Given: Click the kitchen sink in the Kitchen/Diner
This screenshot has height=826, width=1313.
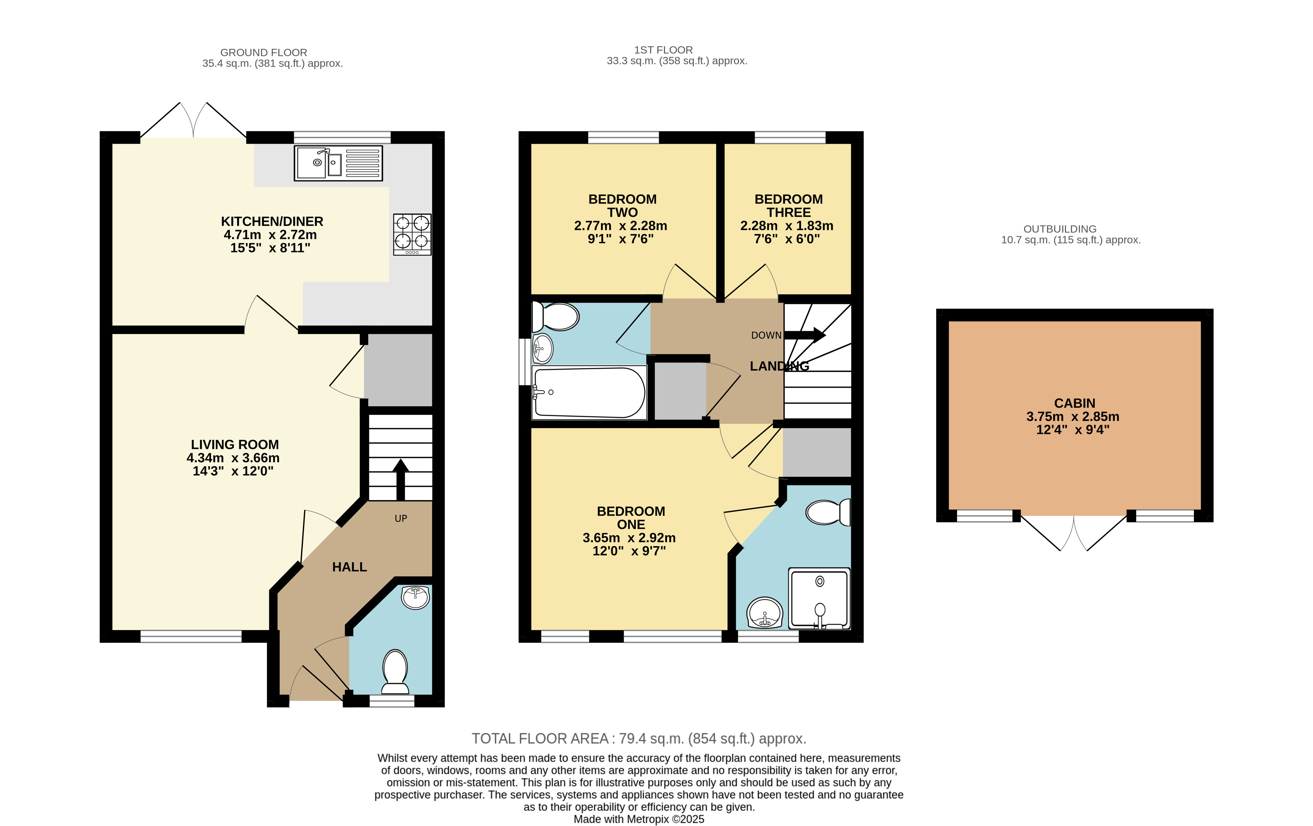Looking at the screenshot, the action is [x=338, y=163].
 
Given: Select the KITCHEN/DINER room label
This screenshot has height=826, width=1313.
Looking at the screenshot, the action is [x=272, y=221].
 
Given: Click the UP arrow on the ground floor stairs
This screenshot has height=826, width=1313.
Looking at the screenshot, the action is [x=401, y=480].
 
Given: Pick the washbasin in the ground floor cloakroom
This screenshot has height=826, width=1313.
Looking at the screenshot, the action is [x=415, y=597].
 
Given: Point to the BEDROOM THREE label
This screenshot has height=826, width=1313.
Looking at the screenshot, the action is [x=788, y=206].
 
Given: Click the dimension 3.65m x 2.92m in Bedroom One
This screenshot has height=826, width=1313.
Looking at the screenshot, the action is [x=629, y=538].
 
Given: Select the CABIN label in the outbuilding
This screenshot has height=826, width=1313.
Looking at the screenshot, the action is [x=1074, y=403].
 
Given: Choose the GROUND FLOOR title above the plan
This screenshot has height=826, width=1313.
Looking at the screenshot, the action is [x=264, y=53].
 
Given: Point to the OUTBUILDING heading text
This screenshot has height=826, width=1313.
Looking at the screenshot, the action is [x=1060, y=229].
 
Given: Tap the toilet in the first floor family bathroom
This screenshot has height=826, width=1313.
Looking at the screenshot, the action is [x=555, y=316].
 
